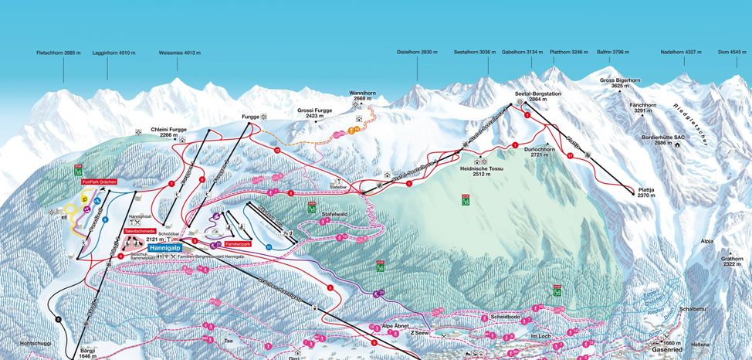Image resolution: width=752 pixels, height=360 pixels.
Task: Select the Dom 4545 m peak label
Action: click(732, 53)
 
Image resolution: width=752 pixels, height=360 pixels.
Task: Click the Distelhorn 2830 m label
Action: click(418, 53)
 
